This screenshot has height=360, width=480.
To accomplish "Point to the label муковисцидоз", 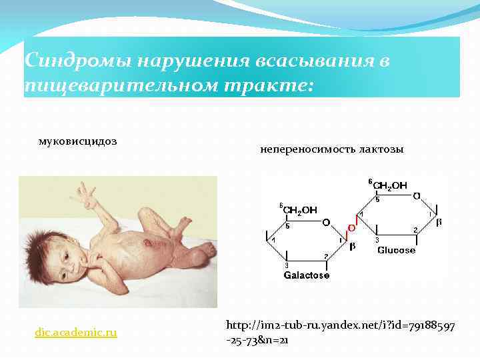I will [x=73, y=141].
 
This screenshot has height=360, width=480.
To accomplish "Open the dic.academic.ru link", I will [x=76, y=331].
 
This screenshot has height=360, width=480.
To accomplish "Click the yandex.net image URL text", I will [x=340, y=332].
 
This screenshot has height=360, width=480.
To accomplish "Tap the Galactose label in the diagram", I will [x=307, y=275].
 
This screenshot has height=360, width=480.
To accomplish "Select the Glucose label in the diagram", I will [x=396, y=250].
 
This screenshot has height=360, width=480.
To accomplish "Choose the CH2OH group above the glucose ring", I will [x=390, y=185].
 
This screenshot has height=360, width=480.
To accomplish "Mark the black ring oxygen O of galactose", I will [x=326, y=222].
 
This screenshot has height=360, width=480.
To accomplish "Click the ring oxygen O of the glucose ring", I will [x=417, y=197].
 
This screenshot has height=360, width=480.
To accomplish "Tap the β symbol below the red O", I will [x=353, y=246].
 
